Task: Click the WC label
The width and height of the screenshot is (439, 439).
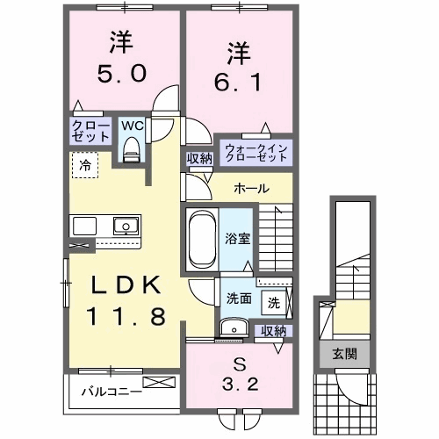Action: (132, 126)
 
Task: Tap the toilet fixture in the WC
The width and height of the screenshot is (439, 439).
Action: (132, 151)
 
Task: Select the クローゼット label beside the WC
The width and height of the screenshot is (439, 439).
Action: (90, 133)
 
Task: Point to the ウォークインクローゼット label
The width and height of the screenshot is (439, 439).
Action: (255, 150)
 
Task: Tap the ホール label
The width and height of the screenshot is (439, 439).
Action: (251, 189)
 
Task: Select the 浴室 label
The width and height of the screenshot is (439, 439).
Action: (236, 237)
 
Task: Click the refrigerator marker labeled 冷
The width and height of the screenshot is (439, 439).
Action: (85, 163)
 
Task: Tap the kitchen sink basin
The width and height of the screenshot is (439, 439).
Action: (126, 226)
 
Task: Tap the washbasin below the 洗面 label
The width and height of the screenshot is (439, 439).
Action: (234, 327)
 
